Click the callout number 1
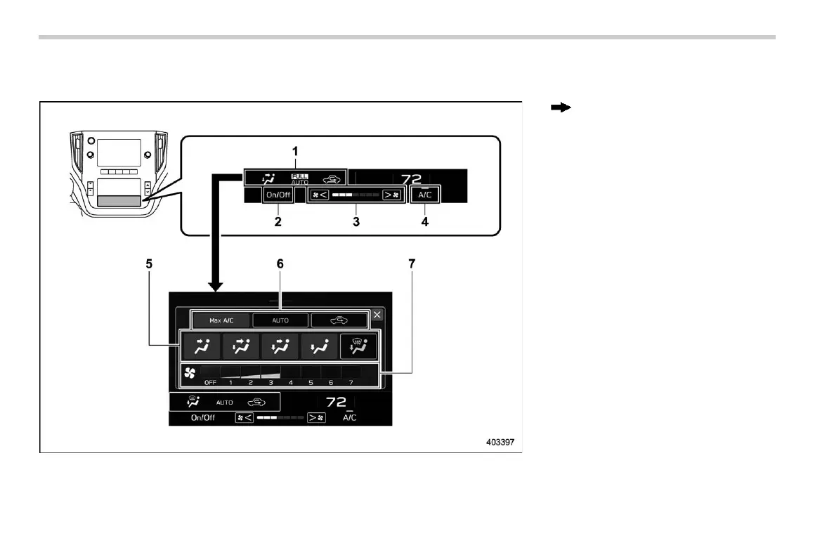(295, 152)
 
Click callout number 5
(149, 266)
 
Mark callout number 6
(280, 266)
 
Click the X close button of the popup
(377, 315)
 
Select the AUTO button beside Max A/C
(280, 320)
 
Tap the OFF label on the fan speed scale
(210, 383)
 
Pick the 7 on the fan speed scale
(351, 383)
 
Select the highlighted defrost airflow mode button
(358, 346)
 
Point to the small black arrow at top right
(559, 108)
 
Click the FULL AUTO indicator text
(300, 178)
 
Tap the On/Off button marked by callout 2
(278, 195)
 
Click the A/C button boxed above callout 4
(425, 195)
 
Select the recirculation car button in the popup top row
(339, 320)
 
